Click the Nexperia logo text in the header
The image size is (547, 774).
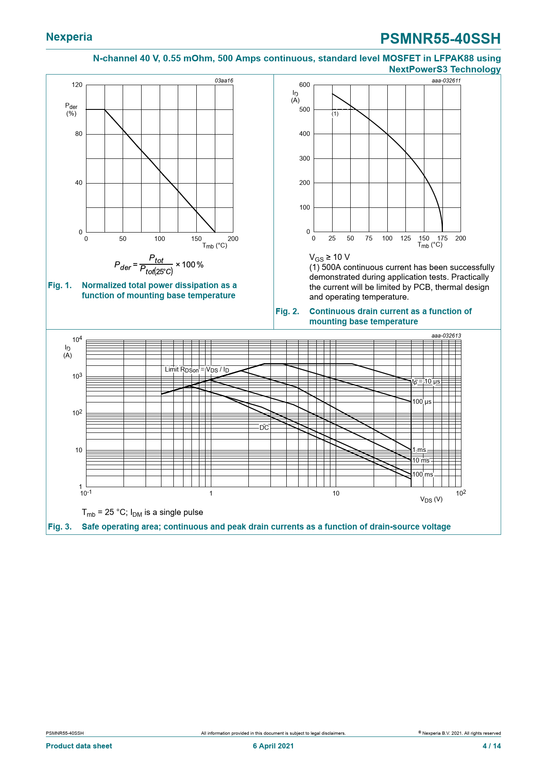pyautogui.click(x=69, y=37)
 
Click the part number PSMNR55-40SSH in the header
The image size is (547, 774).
pyautogui.click(x=440, y=39)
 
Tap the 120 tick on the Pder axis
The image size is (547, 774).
pyautogui.click(x=77, y=85)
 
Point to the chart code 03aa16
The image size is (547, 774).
pyautogui.click(x=224, y=81)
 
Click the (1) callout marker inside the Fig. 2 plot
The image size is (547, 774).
pyautogui.click(x=335, y=114)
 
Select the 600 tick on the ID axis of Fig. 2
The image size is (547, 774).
pyautogui.click(x=304, y=85)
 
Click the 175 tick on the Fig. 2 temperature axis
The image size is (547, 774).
pyautogui.click(x=442, y=238)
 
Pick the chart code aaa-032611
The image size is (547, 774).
pyautogui.click(x=446, y=81)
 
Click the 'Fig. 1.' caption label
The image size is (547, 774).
pyautogui.click(x=60, y=286)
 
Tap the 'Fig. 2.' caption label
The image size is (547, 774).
pyautogui.click(x=287, y=312)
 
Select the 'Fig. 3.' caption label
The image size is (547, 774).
pyautogui.click(x=60, y=526)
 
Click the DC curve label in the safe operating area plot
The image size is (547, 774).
pyautogui.click(x=264, y=428)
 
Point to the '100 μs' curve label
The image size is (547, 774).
pyautogui.click(x=422, y=402)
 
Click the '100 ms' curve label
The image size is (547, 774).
pyautogui.click(x=423, y=475)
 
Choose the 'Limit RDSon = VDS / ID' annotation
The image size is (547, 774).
pyautogui.click(x=197, y=370)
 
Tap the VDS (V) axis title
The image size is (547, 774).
pyautogui.click(x=431, y=500)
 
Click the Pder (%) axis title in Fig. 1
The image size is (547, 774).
pyautogui.click(x=71, y=109)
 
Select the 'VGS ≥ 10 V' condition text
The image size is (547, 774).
pyautogui.click(x=330, y=257)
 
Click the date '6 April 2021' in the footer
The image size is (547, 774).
pyautogui.click(x=273, y=746)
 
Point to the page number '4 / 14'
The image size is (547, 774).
pyautogui.click(x=491, y=746)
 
